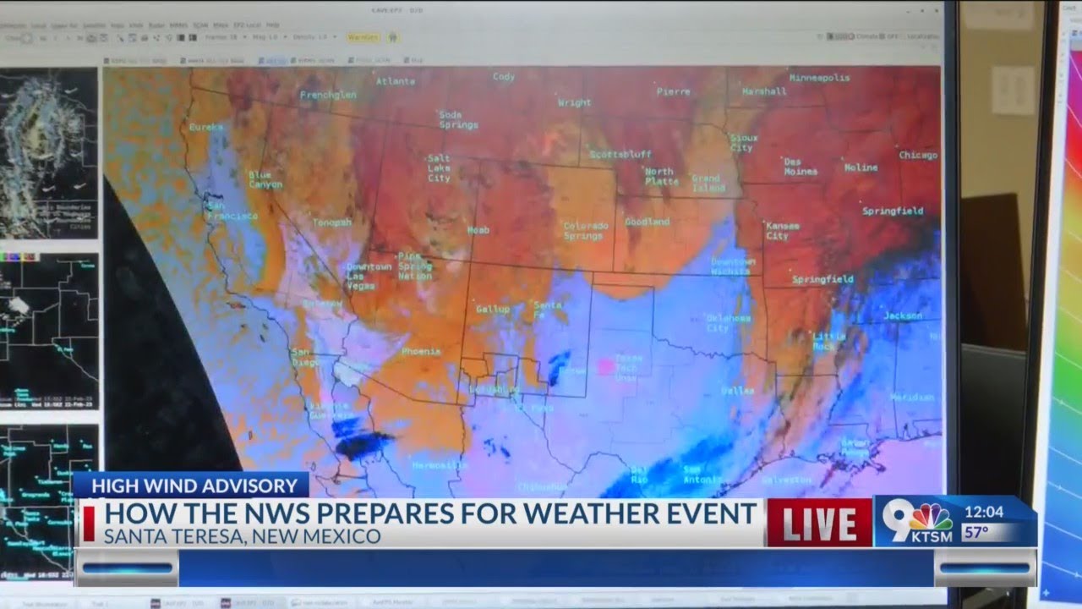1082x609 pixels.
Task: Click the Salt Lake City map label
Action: coord(439,168)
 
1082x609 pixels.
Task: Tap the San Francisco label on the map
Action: coord(232,211)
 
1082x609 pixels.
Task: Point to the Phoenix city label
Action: coord(421,351)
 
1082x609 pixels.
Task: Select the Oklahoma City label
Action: coord(728,323)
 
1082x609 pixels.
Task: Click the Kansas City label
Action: coord(782,231)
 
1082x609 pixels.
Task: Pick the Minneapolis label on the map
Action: coord(819,78)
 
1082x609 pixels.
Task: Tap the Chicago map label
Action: coord(918,156)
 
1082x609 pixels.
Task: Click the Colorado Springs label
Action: coord(586,231)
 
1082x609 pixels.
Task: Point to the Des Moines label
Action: coord(800,167)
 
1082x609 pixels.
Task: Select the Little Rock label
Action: coord(829,341)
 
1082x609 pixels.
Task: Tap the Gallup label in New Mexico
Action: coord(493,310)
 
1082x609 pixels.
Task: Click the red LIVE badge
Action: coord(818,523)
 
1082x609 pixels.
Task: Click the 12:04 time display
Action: coord(983,513)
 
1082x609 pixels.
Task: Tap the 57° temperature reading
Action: coord(976,533)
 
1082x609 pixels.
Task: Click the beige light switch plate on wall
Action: coord(1013,91)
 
